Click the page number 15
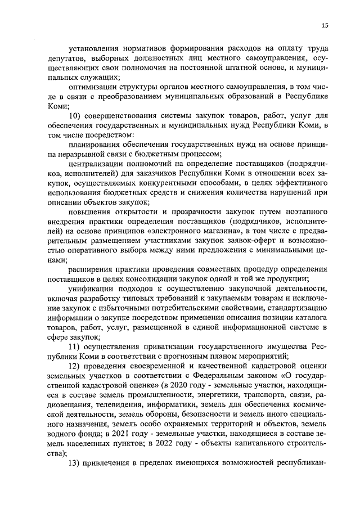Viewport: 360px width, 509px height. pyautogui.click(x=325, y=25)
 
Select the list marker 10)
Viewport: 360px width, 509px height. pyautogui.click(x=75, y=116)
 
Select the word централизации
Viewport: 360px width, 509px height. pyautogui.click(x=94, y=164)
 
